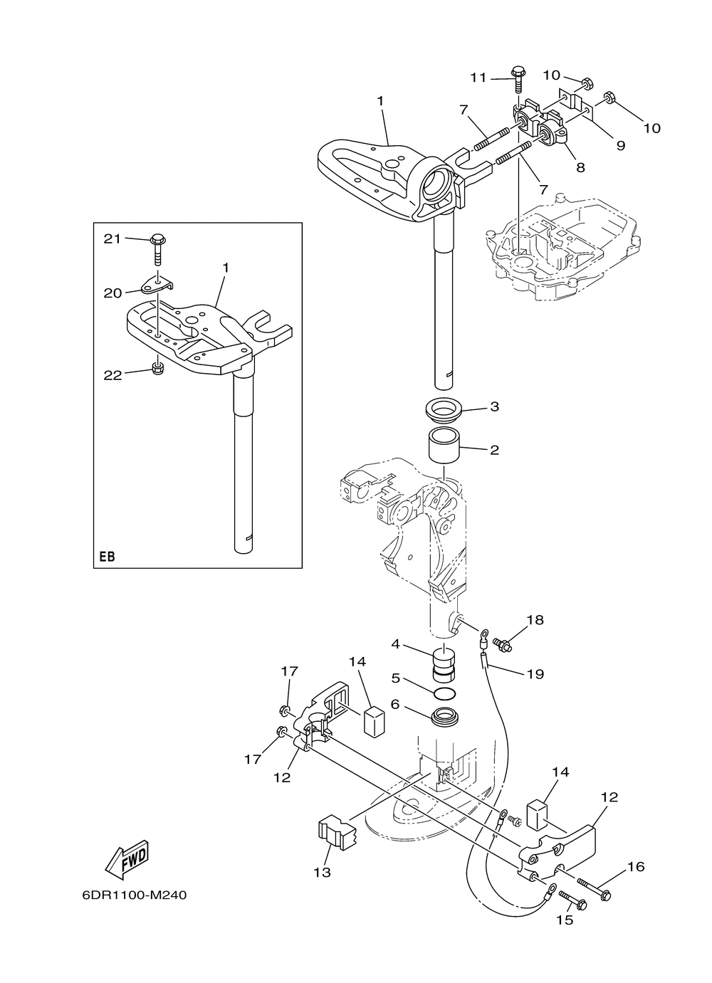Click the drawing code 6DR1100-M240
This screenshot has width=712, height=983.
click(134, 895)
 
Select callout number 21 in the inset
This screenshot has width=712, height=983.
click(112, 238)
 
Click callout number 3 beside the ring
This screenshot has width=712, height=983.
click(495, 407)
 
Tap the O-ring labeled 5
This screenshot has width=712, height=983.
click(445, 693)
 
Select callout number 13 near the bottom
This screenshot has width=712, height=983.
click(323, 872)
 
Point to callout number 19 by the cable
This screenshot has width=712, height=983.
click(535, 673)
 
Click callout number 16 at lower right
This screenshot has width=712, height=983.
click(636, 866)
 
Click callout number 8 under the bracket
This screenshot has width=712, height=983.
click(580, 167)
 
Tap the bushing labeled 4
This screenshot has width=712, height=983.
click(445, 662)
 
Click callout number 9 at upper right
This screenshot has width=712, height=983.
click(620, 144)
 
